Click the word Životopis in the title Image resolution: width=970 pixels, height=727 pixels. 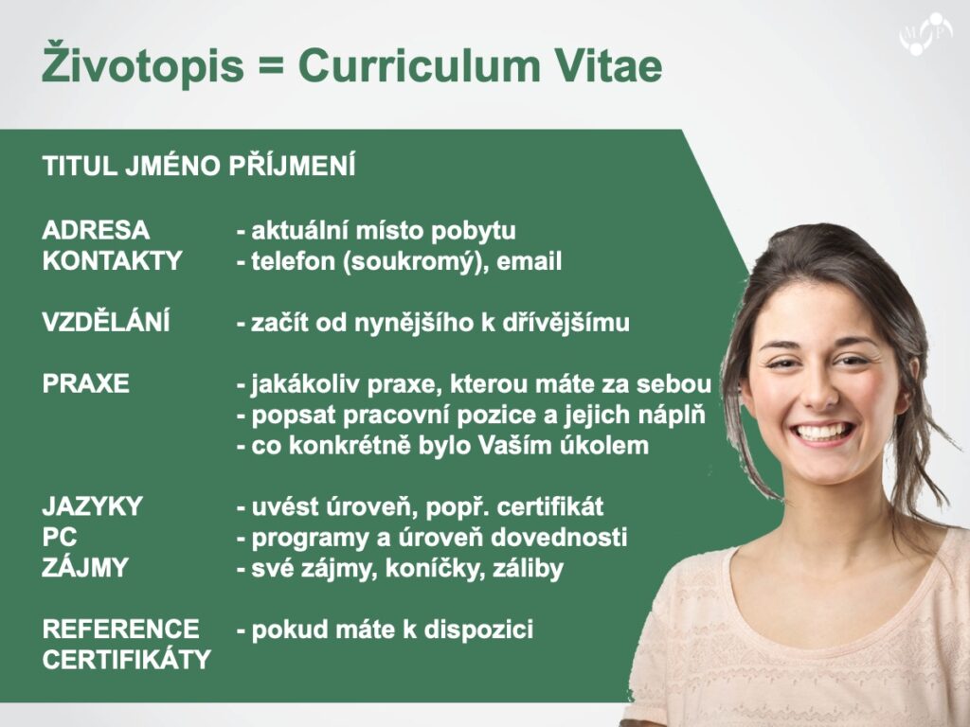tap(143, 62)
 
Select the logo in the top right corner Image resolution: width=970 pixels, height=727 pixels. tap(925, 34)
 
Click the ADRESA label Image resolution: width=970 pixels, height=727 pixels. tap(96, 230)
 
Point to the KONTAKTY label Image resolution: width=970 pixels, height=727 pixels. tap(112, 260)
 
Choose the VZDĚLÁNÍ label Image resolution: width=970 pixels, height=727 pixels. tap(106, 321)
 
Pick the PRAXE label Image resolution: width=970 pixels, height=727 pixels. tap(85, 383)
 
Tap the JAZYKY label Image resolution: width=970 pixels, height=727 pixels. tap(92, 506)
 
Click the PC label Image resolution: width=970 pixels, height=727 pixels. tap(60, 538)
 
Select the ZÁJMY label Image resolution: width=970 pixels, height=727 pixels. tap(85, 566)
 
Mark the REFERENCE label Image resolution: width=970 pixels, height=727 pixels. tap(120, 629)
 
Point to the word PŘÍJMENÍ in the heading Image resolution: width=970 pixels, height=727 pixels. tap(292, 165)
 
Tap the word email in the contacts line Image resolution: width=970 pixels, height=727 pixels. tap(529, 261)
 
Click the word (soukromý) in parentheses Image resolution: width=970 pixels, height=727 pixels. tap(411, 262)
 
